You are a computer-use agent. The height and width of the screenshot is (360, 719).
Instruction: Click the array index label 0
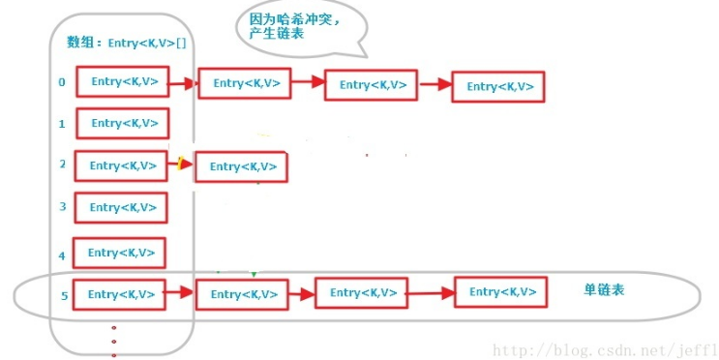click(62, 82)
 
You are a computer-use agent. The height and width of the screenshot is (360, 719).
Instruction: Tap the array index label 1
click(62, 124)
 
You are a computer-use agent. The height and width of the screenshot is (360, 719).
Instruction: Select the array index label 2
click(62, 165)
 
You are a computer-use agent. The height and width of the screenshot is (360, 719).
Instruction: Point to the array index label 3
click(62, 206)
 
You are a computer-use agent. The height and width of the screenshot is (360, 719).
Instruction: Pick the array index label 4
click(62, 255)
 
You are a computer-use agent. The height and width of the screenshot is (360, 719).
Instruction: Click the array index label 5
click(64, 295)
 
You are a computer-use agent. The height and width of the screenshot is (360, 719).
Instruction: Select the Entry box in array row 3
click(121, 207)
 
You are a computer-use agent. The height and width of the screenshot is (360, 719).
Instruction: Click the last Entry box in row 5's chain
click(501, 291)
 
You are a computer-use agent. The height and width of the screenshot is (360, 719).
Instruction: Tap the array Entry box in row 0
click(123, 82)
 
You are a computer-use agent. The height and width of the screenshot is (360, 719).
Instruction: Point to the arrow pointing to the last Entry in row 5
click(431, 291)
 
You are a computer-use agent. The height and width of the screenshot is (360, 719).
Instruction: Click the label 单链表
click(604, 289)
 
